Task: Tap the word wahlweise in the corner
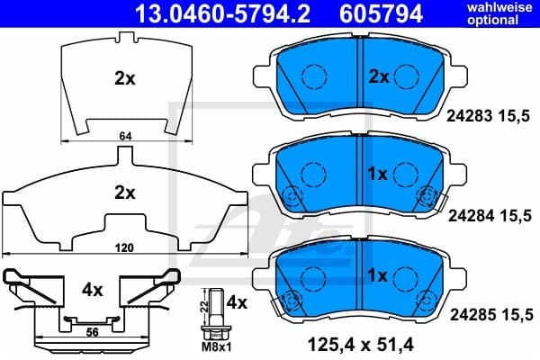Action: click(x=503, y=8)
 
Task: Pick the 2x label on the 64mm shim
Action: click(x=124, y=78)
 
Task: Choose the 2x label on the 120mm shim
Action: click(x=124, y=192)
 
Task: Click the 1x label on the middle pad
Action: click(x=378, y=173)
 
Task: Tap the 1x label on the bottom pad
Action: click(x=378, y=274)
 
